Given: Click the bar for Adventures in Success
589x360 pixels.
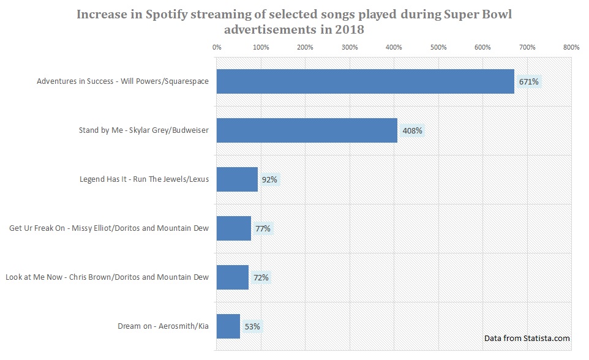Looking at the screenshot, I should pyautogui.click(x=365, y=81).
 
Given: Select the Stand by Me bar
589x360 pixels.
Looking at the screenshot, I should pyautogui.click(x=307, y=130).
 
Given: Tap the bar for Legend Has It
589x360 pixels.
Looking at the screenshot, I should pyautogui.click(x=237, y=179).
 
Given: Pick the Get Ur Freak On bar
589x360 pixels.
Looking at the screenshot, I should pyautogui.click(x=233, y=228).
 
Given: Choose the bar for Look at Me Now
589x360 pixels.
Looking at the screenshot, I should pyautogui.click(x=232, y=277).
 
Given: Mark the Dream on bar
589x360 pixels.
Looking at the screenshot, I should pyautogui.click(x=228, y=326).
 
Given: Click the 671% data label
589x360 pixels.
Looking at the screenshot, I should pyautogui.click(x=528, y=81).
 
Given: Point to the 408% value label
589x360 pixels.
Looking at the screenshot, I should pyautogui.click(x=412, y=130).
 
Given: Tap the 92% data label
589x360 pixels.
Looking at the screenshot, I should pyautogui.click(x=270, y=179).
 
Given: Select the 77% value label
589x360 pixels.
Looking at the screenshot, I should pyautogui.click(x=263, y=228).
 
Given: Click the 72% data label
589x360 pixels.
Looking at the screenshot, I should pyautogui.click(x=261, y=277).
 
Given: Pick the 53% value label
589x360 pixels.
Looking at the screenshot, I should pyautogui.click(x=252, y=326).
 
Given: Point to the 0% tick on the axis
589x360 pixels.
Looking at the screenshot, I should pyautogui.click(x=216, y=47).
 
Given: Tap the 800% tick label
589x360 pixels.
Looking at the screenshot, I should pyautogui.click(x=571, y=47).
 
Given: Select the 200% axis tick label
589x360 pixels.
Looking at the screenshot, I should pyautogui.click(x=305, y=47).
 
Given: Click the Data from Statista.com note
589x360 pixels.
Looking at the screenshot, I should pyautogui.click(x=527, y=338).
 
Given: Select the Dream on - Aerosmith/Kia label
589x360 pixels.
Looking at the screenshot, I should pyautogui.click(x=163, y=326).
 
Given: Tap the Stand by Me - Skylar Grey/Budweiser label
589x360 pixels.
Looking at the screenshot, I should pyautogui.click(x=143, y=130).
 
